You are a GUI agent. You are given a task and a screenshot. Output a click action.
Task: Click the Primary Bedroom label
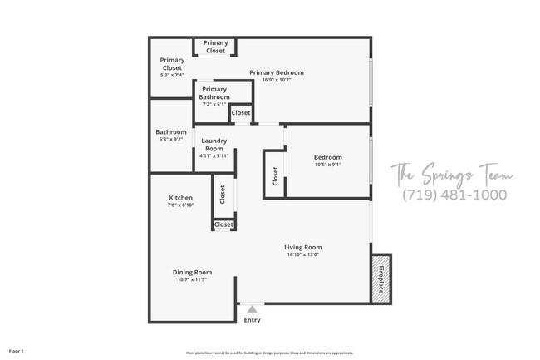click(277, 72)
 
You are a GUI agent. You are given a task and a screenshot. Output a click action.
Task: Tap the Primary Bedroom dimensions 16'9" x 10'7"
click(277, 81)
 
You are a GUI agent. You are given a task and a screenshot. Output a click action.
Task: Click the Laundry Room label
click(214, 145)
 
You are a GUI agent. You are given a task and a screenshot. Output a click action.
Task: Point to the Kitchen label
click(180, 198)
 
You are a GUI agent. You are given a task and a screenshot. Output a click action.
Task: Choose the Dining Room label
click(192, 272)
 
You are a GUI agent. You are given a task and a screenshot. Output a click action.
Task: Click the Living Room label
click(302, 247)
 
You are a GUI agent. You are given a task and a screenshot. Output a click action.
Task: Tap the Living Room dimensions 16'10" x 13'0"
click(302, 255)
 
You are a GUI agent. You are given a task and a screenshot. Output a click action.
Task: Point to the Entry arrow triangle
click(252, 309)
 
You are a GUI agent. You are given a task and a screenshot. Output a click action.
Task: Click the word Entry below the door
click(252, 320)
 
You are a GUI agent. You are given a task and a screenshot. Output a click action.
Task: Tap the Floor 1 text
click(17, 352)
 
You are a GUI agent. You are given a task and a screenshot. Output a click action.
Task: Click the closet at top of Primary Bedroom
click(216, 47)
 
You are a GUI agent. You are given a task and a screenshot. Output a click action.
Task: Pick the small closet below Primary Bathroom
click(241, 113)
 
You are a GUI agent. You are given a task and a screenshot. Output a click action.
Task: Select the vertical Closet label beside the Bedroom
click(275, 176)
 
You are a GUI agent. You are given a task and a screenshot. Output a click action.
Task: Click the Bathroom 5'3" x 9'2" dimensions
click(171, 140)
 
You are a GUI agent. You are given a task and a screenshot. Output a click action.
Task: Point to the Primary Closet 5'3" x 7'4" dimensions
click(173, 76)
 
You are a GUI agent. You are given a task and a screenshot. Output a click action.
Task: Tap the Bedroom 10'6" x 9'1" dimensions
click(327, 165)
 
